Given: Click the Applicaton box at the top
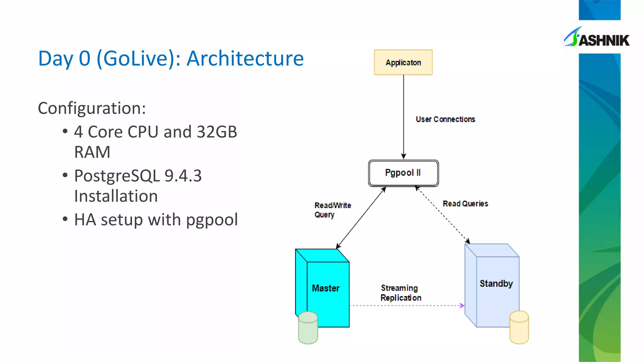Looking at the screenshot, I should click(x=403, y=63).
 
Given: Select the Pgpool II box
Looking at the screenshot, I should click(x=403, y=173).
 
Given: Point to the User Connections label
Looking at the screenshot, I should click(x=445, y=119).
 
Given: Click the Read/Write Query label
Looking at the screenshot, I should click(x=332, y=210).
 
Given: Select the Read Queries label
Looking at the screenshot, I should click(x=465, y=204).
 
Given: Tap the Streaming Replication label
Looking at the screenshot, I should click(x=400, y=293).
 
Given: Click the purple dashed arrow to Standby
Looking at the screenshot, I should click(x=406, y=305).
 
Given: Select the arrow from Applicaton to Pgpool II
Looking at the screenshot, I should click(x=403, y=116).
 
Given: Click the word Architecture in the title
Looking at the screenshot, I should click(x=245, y=58).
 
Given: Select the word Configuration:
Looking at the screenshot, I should click(x=92, y=108).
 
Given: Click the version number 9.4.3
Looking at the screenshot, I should click(x=183, y=176).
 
